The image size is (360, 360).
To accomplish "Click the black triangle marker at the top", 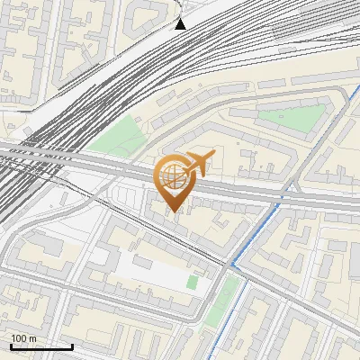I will [180, 23].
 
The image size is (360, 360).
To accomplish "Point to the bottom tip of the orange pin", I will [173, 212].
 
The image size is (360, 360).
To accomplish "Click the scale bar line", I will [41, 346].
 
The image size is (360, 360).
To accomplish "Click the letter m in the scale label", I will [32, 338].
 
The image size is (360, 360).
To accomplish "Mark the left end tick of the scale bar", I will [11, 346].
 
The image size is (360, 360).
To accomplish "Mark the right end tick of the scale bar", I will [72, 346].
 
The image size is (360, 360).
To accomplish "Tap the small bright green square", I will [192, 283].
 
